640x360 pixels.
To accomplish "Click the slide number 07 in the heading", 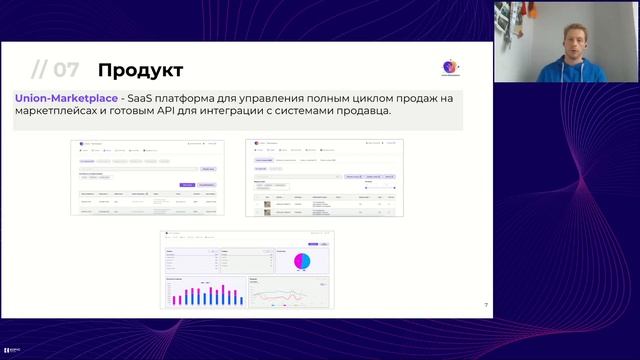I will (66, 70).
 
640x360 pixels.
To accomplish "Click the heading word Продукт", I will (140, 70).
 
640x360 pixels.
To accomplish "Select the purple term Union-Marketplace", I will (64, 99).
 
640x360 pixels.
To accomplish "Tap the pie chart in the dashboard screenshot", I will (302, 260).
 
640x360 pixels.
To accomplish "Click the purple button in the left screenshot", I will (187, 185).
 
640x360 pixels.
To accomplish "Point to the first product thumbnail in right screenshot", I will (267, 203).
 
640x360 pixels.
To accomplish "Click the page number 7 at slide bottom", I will (486, 305).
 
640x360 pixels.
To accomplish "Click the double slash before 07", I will (39, 70).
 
